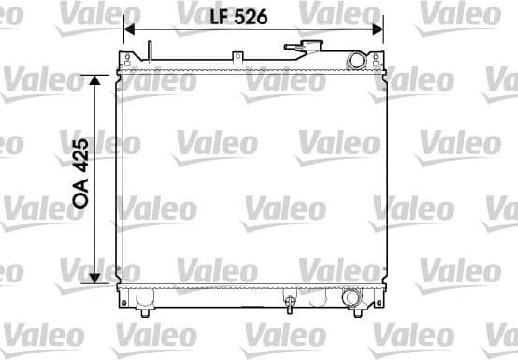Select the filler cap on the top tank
point(303,48)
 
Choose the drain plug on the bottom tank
point(290,303)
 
